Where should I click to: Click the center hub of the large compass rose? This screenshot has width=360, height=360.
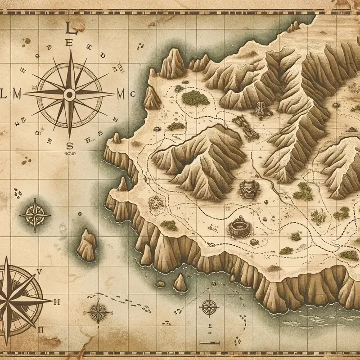click(x=69, y=94)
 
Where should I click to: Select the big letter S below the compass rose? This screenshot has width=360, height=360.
click(x=69, y=145)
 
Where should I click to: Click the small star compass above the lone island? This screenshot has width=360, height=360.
click(x=34, y=214)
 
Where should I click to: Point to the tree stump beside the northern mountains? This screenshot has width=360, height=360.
click(x=260, y=108)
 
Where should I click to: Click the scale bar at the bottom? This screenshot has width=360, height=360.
click(x=208, y=333)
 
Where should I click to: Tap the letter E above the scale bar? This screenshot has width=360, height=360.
click(x=208, y=324)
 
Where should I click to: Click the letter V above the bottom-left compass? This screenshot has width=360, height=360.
click(x=39, y=271)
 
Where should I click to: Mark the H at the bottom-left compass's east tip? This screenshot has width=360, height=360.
click(x=57, y=301)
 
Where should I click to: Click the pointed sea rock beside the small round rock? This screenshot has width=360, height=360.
click(x=180, y=282)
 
